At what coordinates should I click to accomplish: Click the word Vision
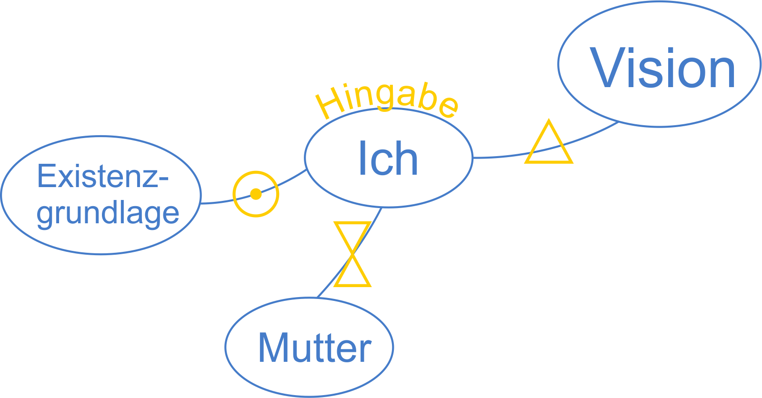662,68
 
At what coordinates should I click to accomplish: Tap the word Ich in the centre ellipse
388,159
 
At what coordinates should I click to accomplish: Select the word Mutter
314,348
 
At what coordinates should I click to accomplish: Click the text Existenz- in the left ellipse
103,176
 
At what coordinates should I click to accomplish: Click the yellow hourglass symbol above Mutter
352,254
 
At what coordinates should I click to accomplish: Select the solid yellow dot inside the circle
256,194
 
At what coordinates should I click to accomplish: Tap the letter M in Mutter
273,348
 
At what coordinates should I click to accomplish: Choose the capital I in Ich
362,158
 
